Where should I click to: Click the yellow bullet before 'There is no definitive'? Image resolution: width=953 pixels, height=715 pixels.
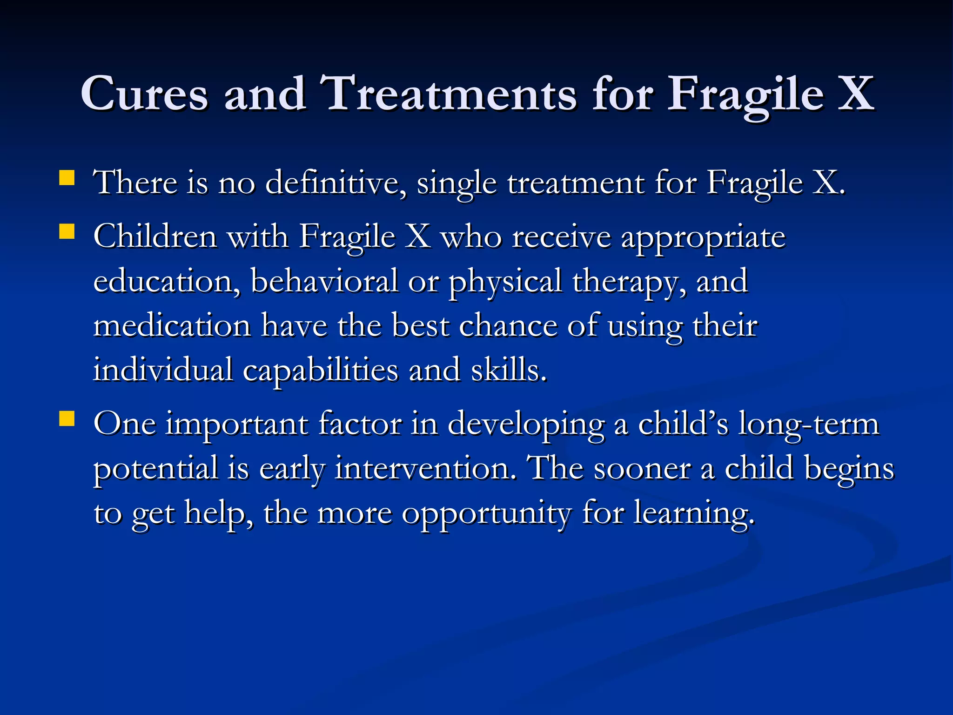click(67, 178)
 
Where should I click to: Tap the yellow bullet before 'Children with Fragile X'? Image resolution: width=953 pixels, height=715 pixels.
click(67, 231)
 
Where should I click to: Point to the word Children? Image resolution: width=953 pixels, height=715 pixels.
click(155, 236)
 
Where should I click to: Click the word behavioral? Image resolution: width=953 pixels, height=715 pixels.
click(324, 281)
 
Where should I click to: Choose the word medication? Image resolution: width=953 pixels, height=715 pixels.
click(172, 325)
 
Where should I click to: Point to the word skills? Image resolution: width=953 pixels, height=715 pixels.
click(508, 370)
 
